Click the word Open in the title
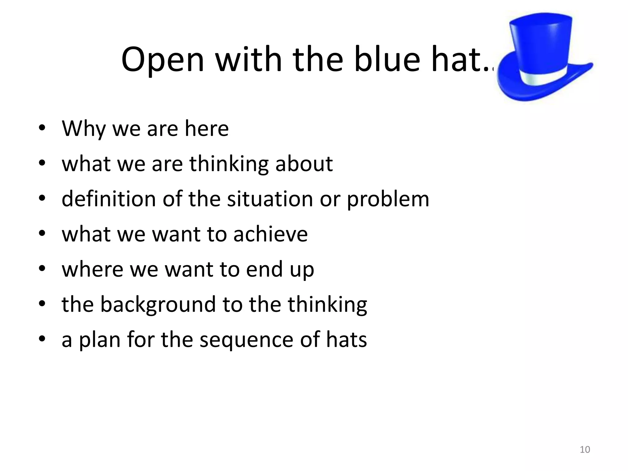163,60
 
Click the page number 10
585,450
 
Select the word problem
388,199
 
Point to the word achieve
270,234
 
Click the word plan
100,340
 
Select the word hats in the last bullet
346,340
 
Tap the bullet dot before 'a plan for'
42,339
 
